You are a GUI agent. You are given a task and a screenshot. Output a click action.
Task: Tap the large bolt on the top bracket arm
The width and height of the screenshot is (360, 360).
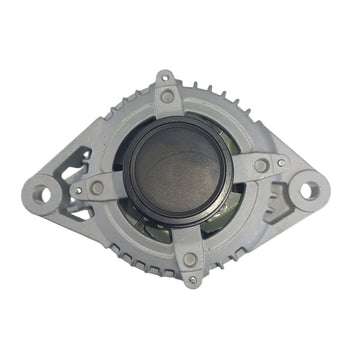coord(167,96)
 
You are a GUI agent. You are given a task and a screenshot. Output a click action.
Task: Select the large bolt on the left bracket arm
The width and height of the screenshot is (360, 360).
coord(97,187)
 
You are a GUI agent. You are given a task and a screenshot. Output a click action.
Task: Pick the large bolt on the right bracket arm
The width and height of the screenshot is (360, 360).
coord(261,165)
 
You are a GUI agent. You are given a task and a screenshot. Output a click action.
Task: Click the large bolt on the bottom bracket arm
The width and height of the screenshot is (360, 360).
coord(190,259)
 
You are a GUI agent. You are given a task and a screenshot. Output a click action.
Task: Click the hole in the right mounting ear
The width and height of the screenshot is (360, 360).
coord(310,187)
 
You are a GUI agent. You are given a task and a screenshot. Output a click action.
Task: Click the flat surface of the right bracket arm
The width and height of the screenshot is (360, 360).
coord(240,170)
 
